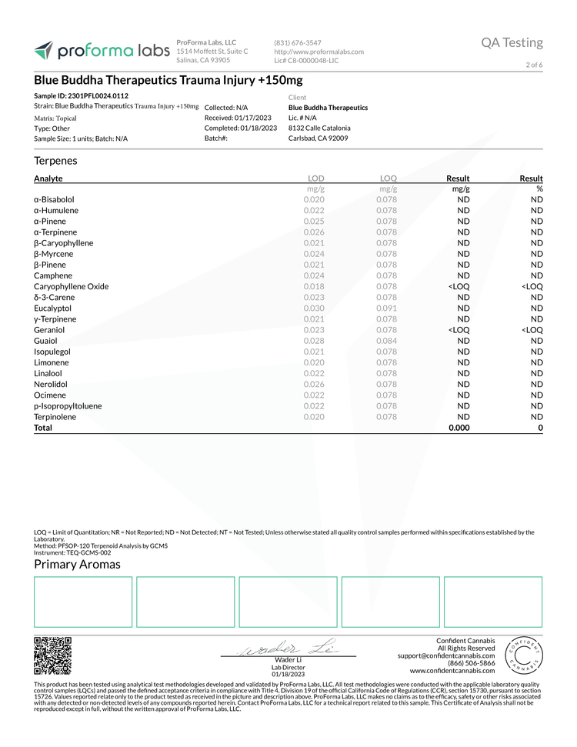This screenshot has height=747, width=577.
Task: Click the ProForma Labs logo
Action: pos(101,51)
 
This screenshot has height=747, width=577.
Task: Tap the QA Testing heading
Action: pos(512,43)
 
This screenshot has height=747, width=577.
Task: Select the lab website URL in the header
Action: pos(319,52)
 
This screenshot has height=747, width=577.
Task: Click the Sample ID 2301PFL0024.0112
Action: pos(82,95)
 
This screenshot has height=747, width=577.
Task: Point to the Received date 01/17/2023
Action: pos(240,118)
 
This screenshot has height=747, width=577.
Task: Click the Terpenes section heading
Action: pos(55,161)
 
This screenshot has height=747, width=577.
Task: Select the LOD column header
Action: pos(315,178)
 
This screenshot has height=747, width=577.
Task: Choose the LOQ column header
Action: pos(388,178)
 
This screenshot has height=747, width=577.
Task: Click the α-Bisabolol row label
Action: pos(55,199)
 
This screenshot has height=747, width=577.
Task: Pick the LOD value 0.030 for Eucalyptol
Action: pos(314,308)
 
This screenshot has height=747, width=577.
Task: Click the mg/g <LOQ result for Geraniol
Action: pos(459,329)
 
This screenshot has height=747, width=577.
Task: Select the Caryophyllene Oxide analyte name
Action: pos(72,286)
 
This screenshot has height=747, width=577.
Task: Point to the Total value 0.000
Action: pos(459,427)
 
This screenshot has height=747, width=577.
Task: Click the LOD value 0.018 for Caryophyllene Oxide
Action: pos(314,286)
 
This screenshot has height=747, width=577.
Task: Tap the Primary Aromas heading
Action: pos(77,565)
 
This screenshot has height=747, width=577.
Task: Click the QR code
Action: pos(53,655)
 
